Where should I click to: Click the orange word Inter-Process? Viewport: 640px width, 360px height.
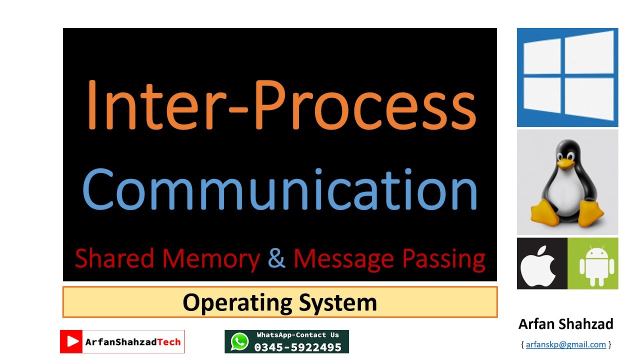coord(281,104)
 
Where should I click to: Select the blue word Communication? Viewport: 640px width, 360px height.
coord(280,189)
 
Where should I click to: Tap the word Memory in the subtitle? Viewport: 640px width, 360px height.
coord(211,259)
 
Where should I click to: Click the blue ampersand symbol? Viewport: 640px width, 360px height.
coord(276,257)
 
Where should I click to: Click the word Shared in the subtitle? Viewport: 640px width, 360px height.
coord(114,257)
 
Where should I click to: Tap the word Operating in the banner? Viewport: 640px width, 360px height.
coord(237,303)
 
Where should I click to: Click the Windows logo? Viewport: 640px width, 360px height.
coord(567,77)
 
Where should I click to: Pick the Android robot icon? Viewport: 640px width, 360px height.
coord(597,265)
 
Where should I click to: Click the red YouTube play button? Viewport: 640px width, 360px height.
coord(71,341)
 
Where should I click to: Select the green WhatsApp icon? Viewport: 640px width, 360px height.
coord(239,341)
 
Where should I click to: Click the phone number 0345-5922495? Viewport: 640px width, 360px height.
coord(297,347)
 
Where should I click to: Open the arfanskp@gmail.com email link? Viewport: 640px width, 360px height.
coord(565,344)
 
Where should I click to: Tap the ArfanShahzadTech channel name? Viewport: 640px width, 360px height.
coord(133,342)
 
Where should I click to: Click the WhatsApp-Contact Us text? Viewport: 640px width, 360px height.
coord(297,335)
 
